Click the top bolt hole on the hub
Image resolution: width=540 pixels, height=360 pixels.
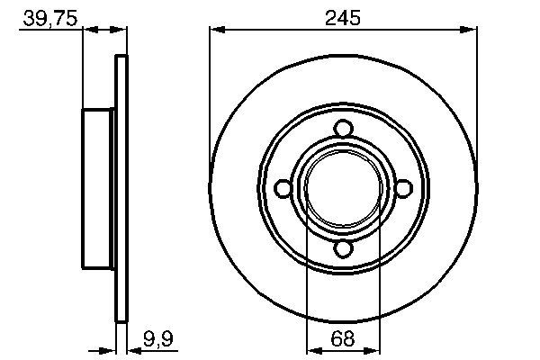coord(342,128)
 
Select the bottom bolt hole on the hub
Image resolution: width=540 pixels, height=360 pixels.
coord(342,249)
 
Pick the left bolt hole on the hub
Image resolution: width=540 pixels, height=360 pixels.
coord(282,188)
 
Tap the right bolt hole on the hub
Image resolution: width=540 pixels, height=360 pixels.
coord(403,188)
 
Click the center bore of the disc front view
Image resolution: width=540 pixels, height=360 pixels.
coord(342,188)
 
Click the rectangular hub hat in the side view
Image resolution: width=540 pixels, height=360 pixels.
coord(100,188)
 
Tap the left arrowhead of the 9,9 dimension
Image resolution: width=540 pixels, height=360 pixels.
coord(112,349)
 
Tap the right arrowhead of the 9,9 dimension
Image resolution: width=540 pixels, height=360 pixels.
coord(132,349)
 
